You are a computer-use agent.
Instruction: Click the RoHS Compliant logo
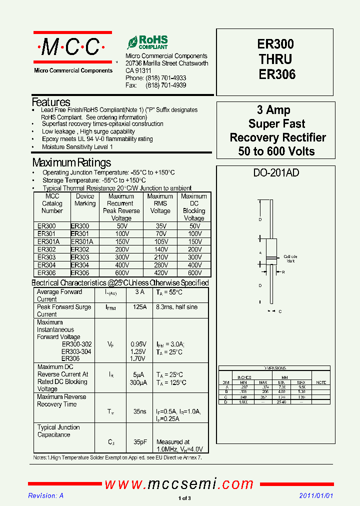pyautogui.click(x=147, y=42)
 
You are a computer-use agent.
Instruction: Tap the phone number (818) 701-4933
pyautogui.click(x=165, y=78)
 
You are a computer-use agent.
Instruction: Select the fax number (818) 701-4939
pyautogui.click(x=165, y=85)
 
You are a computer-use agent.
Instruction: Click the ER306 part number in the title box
pyautogui.click(x=276, y=74)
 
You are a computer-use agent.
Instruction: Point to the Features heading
pyautogui.click(x=51, y=102)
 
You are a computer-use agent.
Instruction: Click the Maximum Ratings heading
pyautogui.click(x=71, y=162)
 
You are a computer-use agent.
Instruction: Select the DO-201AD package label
pyautogui.click(x=276, y=173)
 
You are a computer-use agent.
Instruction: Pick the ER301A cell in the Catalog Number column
pyautogui.click(x=48, y=241)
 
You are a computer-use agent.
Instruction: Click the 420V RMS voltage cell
pyautogui.click(x=160, y=273)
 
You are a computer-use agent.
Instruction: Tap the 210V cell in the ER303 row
pyautogui.click(x=160, y=257)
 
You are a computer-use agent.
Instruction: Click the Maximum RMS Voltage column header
pyautogui.click(x=160, y=204)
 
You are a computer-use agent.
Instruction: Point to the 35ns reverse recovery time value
pyautogui.click(x=139, y=411)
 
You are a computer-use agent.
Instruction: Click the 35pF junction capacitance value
pyautogui.click(x=139, y=442)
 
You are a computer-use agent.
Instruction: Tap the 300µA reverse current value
pyautogui.click(x=138, y=382)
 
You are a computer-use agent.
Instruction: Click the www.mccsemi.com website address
pyautogui.click(x=179, y=484)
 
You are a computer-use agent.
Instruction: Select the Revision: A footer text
pyautogui.click(x=46, y=495)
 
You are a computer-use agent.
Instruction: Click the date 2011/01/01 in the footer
pyautogui.click(x=315, y=495)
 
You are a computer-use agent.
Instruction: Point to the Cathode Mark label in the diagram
pyautogui.click(x=290, y=258)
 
